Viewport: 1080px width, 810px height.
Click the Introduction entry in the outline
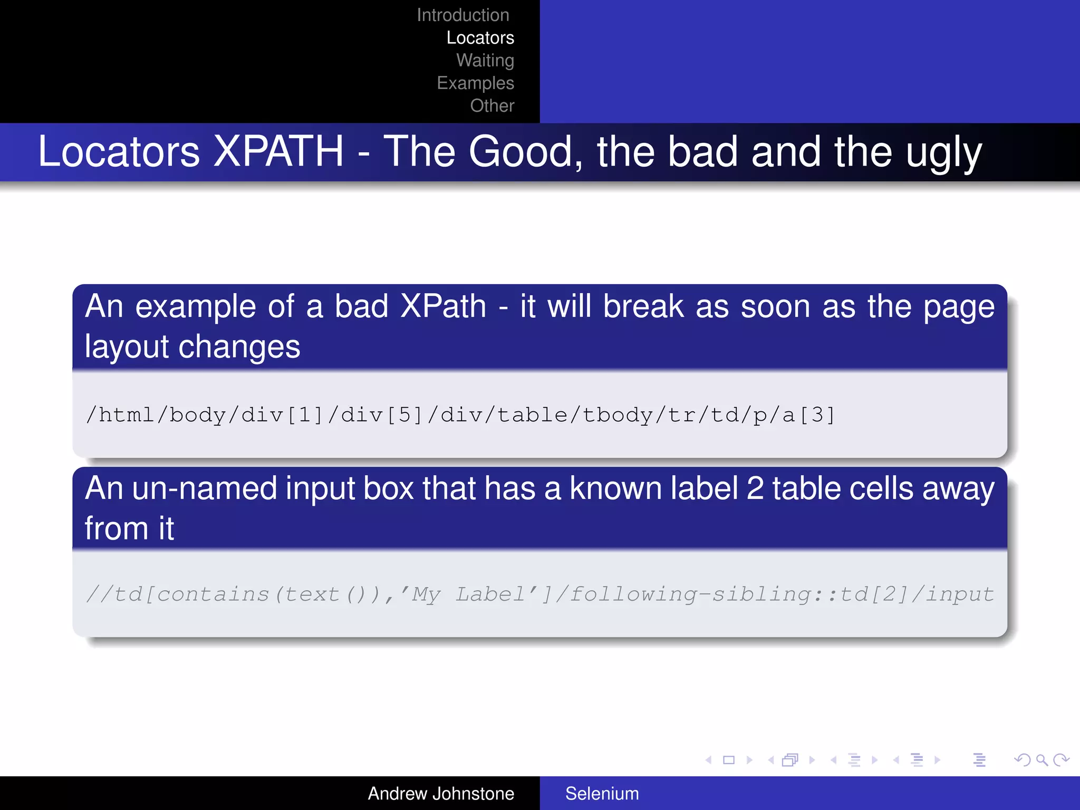point(462,15)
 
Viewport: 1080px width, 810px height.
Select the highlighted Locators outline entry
point(480,38)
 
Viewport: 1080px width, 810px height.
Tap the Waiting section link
point(485,61)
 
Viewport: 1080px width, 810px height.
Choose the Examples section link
point(475,83)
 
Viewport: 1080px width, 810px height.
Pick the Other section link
point(491,106)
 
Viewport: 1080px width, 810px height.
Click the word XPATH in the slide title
point(279,152)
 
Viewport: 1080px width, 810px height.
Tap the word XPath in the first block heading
point(443,306)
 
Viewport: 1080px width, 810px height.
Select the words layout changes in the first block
point(192,347)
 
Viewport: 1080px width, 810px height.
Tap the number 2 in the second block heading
point(755,488)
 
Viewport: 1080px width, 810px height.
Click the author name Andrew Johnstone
point(440,794)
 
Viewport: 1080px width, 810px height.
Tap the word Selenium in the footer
point(602,794)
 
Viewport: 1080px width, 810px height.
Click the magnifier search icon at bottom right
point(1041,760)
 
